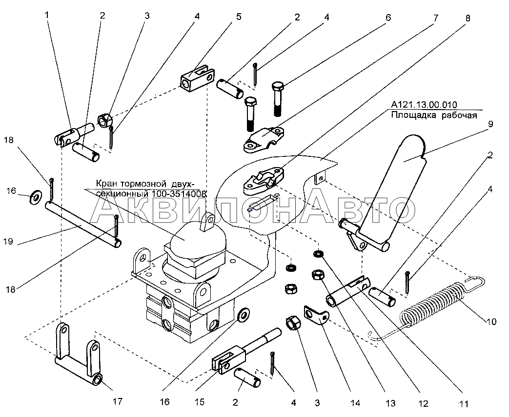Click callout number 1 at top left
click(x=47, y=15)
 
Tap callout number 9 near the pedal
click(x=490, y=124)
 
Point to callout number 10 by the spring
click(x=491, y=322)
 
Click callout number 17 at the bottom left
click(x=118, y=401)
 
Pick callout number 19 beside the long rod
click(x=8, y=242)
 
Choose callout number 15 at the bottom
click(x=200, y=402)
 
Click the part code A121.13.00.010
click(x=424, y=105)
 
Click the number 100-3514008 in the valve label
click(x=178, y=194)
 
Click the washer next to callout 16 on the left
click(x=35, y=197)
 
